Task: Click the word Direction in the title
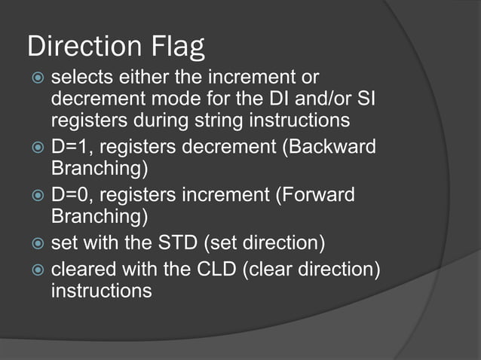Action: pyautogui.click(x=81, y=47)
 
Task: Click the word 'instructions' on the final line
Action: pyautogui.click(x=101, y=290)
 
